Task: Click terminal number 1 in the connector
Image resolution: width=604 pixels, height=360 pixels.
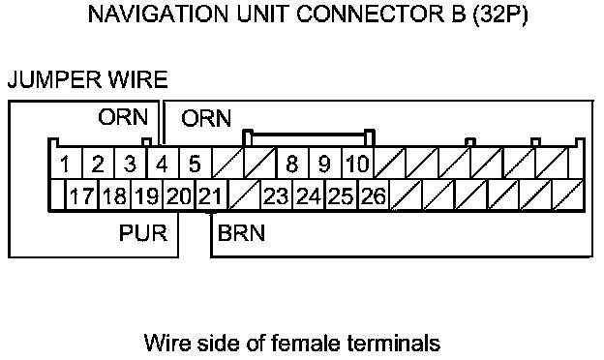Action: [x=66, y=163]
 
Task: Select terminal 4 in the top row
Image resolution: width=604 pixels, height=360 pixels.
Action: [x=163, y=163]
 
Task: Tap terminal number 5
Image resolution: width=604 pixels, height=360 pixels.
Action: [x=195, y=163]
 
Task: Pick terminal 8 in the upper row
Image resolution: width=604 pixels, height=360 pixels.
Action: [x=292, y=163]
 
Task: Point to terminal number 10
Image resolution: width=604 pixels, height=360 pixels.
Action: [x=357, y=163]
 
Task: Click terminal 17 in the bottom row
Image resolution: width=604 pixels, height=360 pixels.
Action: [x=81, y=195]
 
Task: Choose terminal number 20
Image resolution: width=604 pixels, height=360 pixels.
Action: [x=179, y=195]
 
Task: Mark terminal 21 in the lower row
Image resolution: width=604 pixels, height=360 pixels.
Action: [x=211, y=195]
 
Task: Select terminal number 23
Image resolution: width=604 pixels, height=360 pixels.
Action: [x=276, y=195]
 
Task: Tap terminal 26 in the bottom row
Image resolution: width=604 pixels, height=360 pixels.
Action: [x=374, y=195]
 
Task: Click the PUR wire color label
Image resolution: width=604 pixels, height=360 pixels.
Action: [x=143, y=233]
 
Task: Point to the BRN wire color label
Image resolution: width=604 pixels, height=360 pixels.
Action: [x=242, y=233]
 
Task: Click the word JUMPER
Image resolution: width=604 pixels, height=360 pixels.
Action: [x=55, y=79]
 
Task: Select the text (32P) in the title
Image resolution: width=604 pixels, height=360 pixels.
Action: [x=499, y=15]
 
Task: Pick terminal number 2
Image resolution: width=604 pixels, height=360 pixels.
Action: [x=98, y=163]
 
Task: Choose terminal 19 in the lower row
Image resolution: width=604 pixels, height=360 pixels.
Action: [x=146, y=195]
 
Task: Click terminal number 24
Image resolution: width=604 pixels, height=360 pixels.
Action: [x=309, y=195]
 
